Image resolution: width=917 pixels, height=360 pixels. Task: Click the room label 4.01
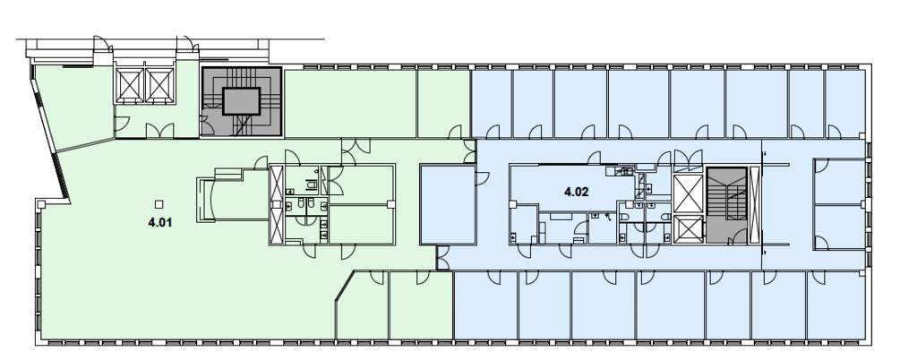[159, 223]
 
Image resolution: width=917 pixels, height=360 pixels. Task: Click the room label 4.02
[576, 191]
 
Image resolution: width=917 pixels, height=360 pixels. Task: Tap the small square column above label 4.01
[159, 204]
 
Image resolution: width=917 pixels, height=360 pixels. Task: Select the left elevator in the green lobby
[129, 85]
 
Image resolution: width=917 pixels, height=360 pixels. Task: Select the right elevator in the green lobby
[159, 85]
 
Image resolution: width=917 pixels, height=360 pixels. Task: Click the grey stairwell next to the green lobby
[242, 102]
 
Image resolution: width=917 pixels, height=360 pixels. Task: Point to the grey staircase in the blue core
[726, 205]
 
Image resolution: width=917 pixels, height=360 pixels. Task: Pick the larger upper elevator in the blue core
[688, 193]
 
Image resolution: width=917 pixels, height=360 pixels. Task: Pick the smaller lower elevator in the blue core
[688, 229]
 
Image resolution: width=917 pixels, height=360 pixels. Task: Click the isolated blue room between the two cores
[448, 204]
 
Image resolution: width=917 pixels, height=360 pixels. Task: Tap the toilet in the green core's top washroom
[311, 184]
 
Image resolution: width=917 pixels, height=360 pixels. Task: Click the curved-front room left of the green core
[234, 195]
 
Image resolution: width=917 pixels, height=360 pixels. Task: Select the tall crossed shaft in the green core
[277, 204]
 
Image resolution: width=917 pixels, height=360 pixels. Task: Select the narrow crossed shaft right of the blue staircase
[754, 205]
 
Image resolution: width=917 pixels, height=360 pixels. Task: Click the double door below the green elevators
[159, 131]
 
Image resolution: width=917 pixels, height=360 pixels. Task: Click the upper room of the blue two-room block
[839, 181]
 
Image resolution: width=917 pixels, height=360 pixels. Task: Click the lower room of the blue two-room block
[839, 227]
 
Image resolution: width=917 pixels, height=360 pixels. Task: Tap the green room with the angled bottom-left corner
[363, 305]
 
